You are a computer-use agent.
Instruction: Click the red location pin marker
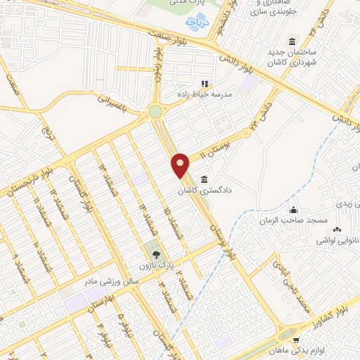(x=181, y=165)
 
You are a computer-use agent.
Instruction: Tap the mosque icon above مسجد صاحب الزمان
(x=294, y=210)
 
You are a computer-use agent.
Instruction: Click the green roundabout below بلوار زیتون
(x=155, y=112)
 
